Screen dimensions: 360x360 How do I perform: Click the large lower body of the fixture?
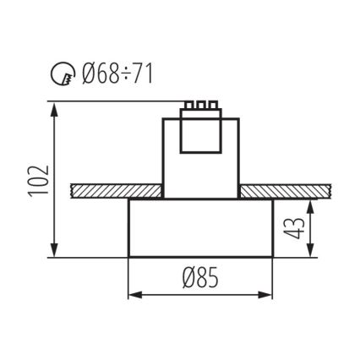coord(200,228)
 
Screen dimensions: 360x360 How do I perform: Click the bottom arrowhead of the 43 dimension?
coord(314,253)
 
